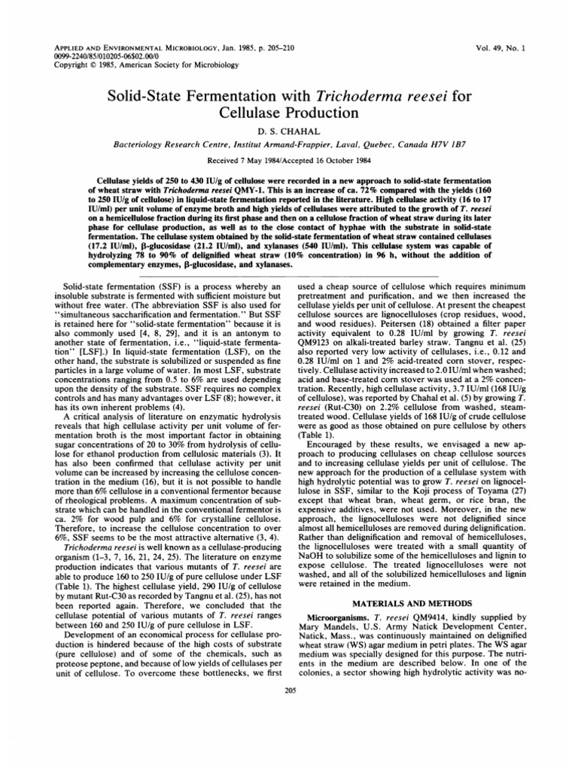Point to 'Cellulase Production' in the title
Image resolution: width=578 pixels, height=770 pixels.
pyautogui.click(x=290, y=114)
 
